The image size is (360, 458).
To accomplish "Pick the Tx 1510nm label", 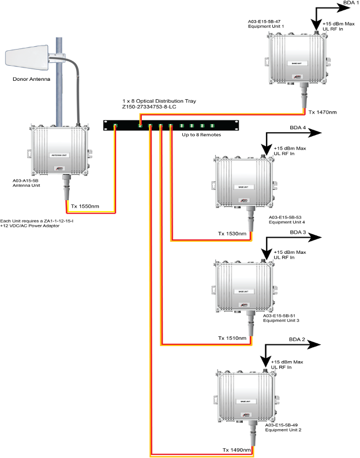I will point(232,338).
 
